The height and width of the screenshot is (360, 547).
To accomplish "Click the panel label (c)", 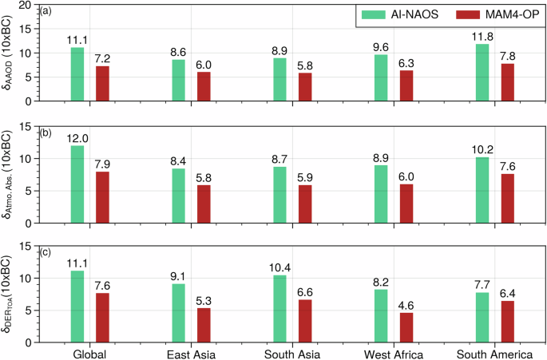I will tap(46, 253).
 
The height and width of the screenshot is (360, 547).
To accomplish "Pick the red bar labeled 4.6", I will tap(406, 327).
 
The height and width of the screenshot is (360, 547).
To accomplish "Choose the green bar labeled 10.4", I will tap(279, 308).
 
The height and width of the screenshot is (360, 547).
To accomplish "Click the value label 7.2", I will tap(103, 60).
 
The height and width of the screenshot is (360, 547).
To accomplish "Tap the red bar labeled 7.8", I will tap(507, 82).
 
